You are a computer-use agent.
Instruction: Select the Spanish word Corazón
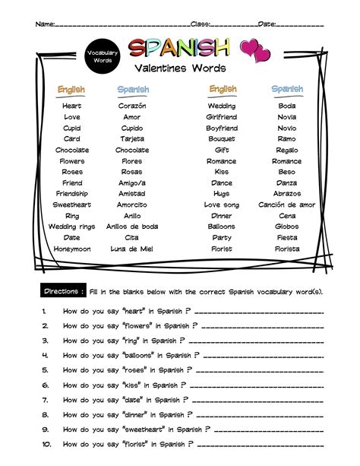coord(132,106)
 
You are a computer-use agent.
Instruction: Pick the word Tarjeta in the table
coord(132,139)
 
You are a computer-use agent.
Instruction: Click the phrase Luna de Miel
coord(132,249)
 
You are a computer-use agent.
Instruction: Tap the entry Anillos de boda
coord(132,227)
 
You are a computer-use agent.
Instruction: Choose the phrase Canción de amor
coord(286,204)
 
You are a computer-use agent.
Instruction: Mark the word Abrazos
coord(286,194)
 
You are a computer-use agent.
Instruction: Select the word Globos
coord(286,227)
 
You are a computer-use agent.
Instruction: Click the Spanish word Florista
coord(286,249)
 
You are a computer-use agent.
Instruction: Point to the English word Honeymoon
coord(72,249)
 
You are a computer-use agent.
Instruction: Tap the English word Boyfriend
coord(222,128)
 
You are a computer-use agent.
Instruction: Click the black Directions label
coord(63,291)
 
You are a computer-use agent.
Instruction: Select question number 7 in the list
coord(46,399)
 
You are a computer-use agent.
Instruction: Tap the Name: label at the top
coord(45,24)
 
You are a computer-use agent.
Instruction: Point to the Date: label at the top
coord(267,24)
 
